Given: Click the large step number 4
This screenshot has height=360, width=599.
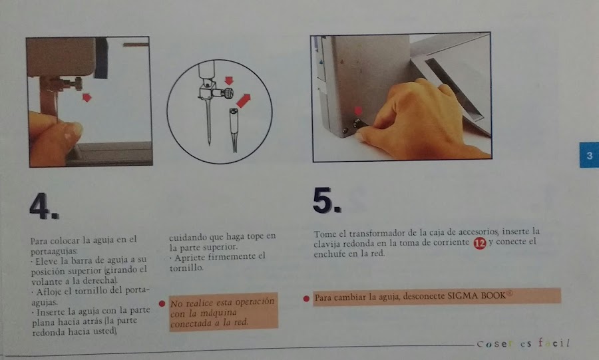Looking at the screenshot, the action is (43, 206).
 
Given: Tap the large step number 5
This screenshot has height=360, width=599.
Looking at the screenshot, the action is (327, 200).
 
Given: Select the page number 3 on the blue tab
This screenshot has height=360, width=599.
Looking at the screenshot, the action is (590, 155).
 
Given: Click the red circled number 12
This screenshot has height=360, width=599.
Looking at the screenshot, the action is (479, 243).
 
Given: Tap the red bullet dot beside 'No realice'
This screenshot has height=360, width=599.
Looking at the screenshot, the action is (162, 303).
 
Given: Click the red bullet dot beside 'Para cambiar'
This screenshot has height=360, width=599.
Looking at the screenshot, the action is (306, 299).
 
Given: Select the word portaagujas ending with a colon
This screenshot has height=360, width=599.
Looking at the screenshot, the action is (55, 252).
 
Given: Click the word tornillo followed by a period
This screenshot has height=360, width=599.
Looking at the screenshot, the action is (187, 268).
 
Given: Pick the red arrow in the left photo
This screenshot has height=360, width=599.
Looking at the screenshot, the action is (87, 97).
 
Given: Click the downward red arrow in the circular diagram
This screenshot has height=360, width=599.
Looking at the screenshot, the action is (229, 81).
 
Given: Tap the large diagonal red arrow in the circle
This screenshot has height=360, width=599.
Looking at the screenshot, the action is (243, 100).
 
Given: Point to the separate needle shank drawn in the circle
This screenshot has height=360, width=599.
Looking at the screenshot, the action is (234, 130).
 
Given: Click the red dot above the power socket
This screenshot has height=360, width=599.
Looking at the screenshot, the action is (358, 111).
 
